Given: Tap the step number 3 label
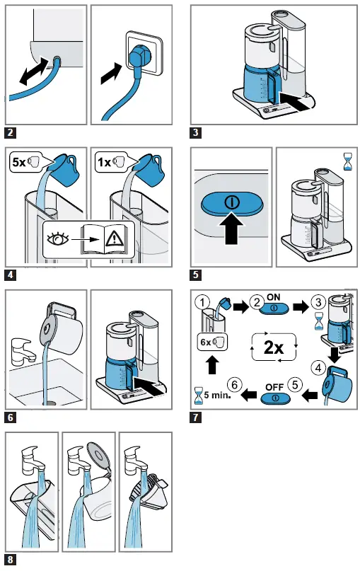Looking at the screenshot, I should [195, 132].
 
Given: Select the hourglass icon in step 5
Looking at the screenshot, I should [348, 163].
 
